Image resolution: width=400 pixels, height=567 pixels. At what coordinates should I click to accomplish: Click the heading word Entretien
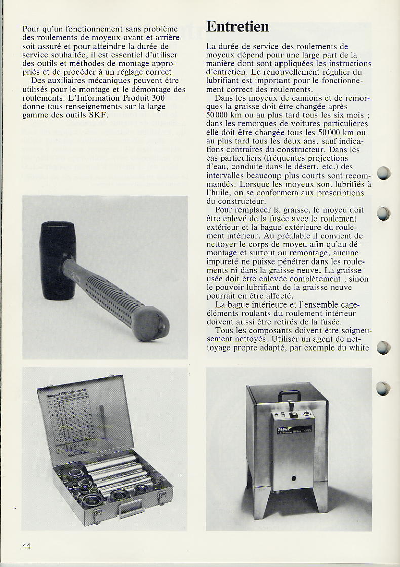(x=237, y=26)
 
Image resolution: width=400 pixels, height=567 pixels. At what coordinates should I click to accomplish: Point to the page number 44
(x=27, y=546)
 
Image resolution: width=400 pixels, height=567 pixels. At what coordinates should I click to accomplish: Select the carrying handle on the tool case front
(x=131, y=505)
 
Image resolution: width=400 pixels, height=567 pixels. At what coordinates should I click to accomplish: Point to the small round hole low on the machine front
(x=292, y=478)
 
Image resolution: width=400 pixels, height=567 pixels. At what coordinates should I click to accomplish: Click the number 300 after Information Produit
(x=158, y=98)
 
